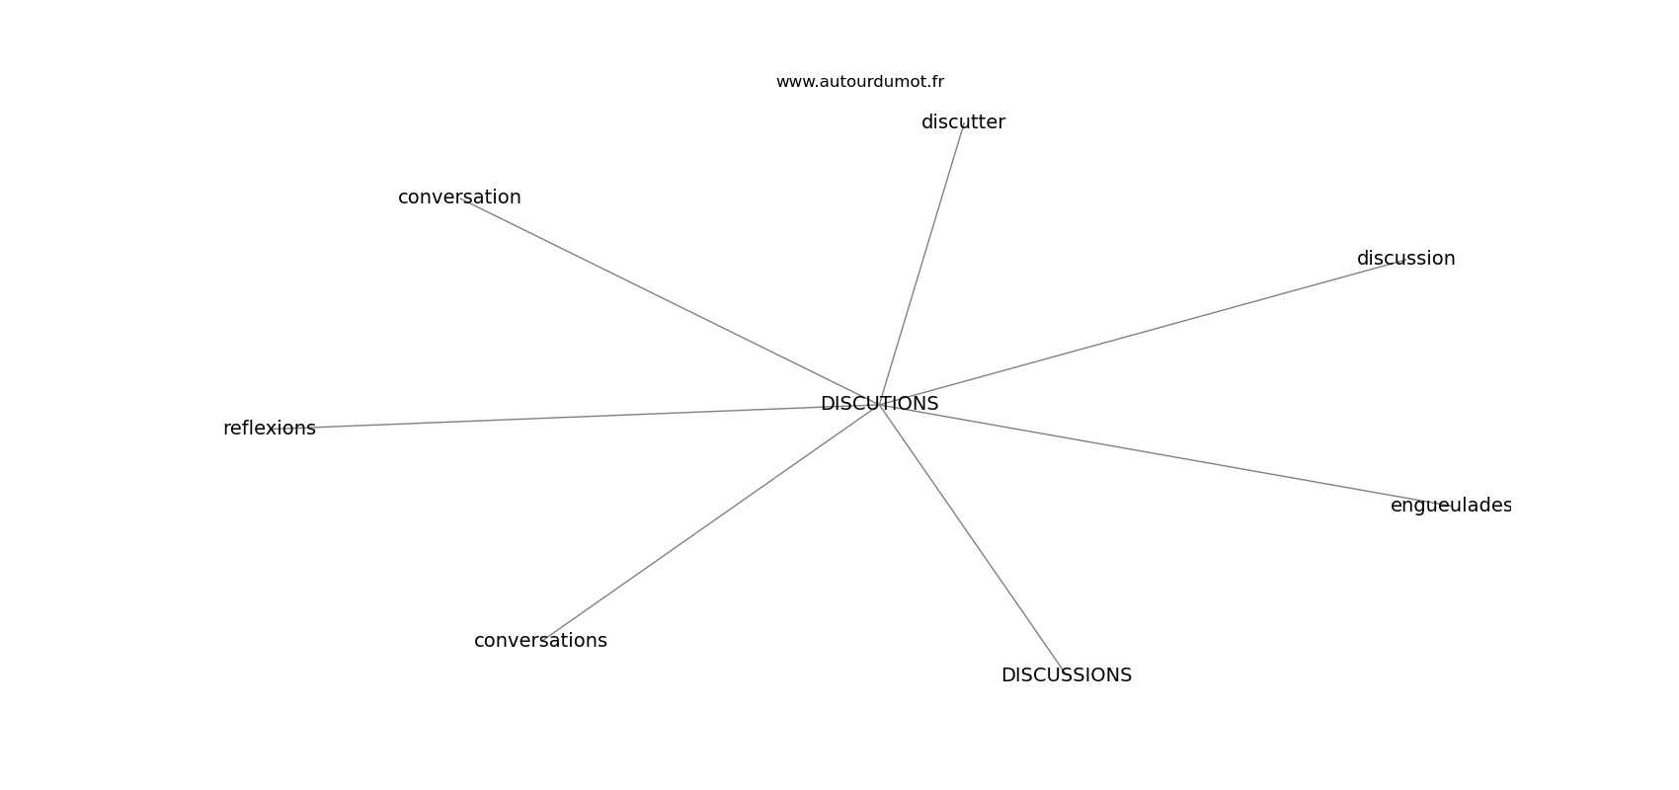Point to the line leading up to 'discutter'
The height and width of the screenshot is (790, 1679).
(x=921, y=265)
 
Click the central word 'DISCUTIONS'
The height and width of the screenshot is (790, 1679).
(x=879, y=404)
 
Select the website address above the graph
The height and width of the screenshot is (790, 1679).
(x=859, y=82)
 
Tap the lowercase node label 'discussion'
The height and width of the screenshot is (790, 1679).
(x=1405, y=259)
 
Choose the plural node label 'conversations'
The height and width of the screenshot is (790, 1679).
(x=540, y=641)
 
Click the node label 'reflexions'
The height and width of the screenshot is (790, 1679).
(x=270, y=428)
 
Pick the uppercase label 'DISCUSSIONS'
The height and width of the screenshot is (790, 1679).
(x=1066, y=675)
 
